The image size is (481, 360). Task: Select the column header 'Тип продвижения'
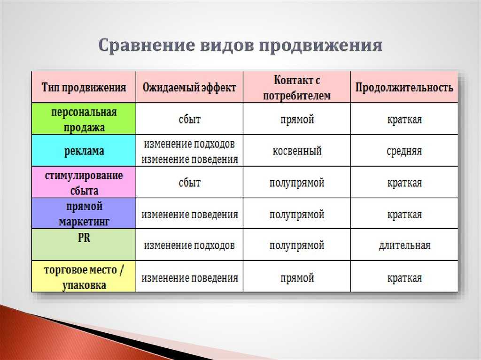coord(84,87)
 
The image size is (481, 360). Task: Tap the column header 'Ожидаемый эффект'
coord(189,87)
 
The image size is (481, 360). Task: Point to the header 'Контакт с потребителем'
coord(296,87)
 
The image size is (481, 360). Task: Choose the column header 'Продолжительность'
coord(404,87)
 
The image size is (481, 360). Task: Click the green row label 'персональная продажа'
coord(84,119)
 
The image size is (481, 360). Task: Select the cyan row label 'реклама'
coord(84,151)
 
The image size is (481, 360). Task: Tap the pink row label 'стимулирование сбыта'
coord(84,183)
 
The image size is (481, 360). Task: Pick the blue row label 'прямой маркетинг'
coord(84,214)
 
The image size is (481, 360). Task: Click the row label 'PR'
coord(84,238)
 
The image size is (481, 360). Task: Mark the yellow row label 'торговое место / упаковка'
coord(84,277)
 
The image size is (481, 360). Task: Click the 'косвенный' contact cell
coord(296,151)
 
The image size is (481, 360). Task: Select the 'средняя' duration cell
coord(404,151)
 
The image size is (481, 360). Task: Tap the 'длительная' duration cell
coord(404,245)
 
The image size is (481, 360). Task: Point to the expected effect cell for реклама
coord(189,151)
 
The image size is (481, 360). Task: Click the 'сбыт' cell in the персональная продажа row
coord(189,119)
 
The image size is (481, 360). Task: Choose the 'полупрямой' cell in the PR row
coord(296,245)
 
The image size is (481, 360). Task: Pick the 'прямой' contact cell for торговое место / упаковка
coord(296,278)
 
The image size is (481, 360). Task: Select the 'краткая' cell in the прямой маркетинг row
coord(404,214)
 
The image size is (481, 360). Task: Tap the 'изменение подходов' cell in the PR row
coord(189,245)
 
